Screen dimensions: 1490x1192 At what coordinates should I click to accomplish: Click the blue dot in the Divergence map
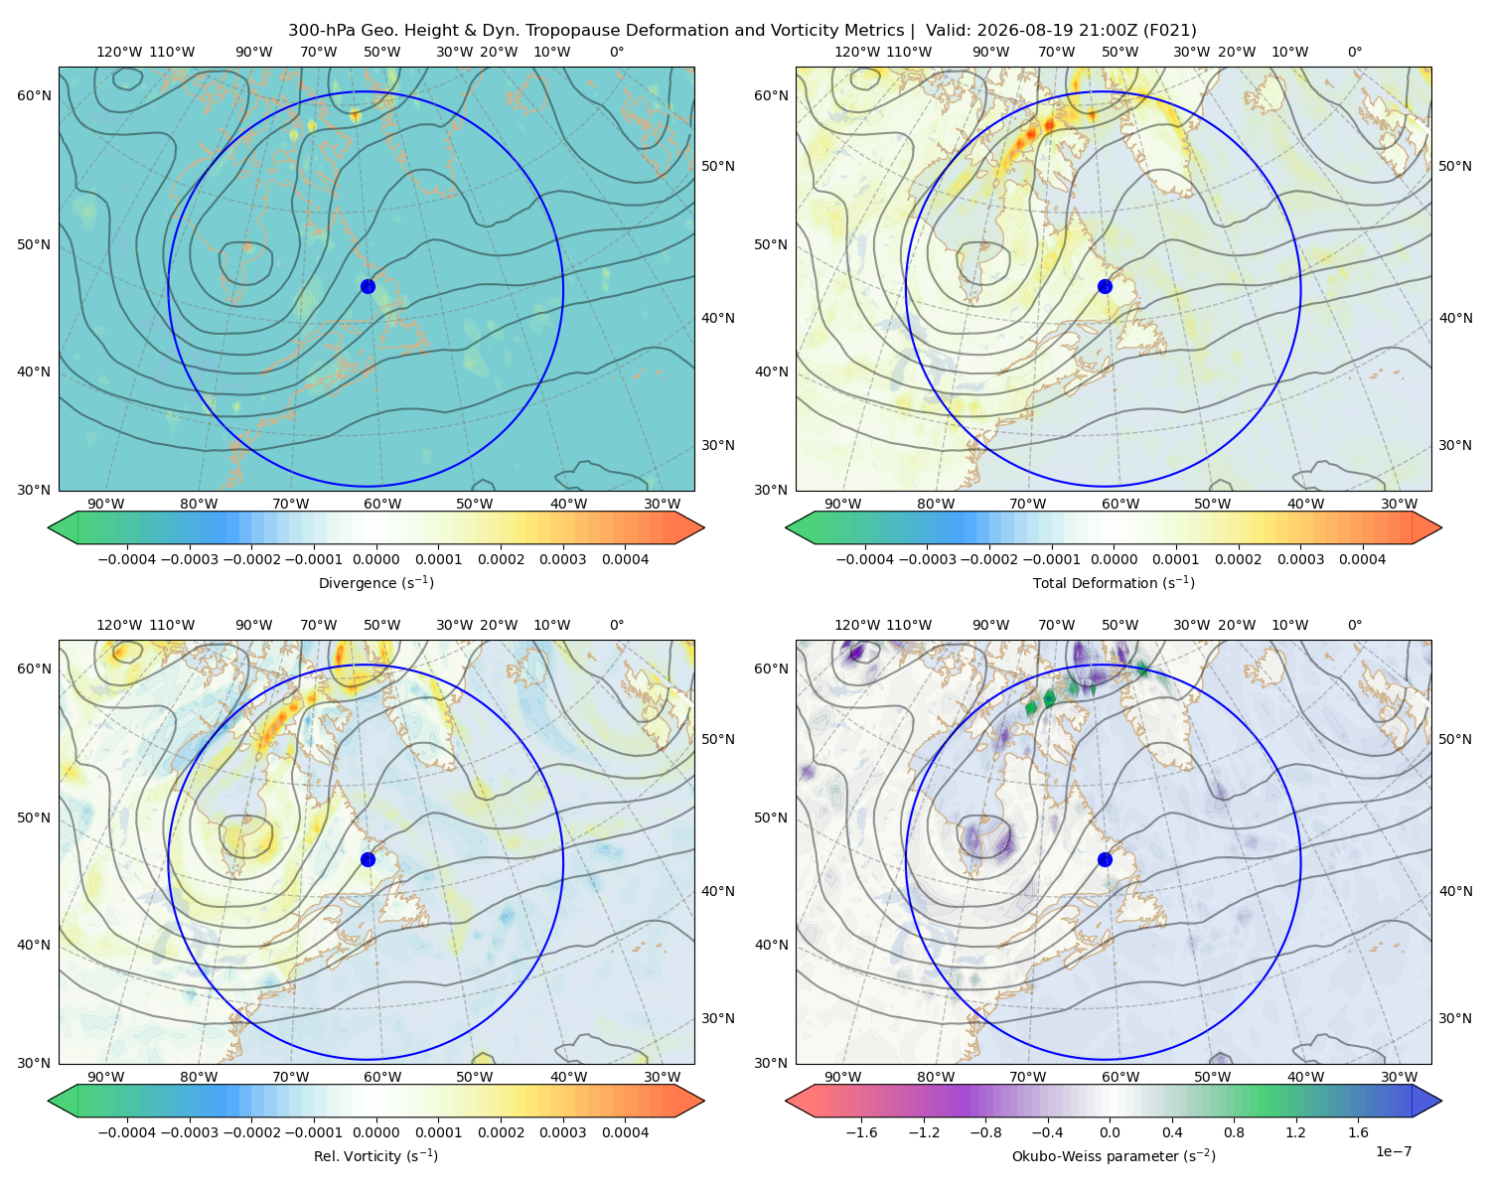click(368, 286)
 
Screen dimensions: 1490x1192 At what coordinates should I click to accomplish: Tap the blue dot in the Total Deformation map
click(1105, 286)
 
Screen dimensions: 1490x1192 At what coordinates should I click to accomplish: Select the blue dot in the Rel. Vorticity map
click(368, 859)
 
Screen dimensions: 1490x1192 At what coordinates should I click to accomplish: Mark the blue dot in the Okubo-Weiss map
click(1105, 859)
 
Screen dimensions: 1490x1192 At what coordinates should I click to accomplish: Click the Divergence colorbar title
click(375, 582)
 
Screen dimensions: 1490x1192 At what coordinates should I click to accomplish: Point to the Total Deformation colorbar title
click(1114, 582)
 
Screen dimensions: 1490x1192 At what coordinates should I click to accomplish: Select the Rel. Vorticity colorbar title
click(375, 1155)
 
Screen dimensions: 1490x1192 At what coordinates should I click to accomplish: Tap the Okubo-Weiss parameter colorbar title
click(1114, 1155)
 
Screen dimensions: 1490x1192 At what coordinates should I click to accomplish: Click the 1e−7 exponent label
click(1393, 1151)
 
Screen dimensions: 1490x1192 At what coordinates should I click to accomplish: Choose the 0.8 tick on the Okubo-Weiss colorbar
click(1234, 1131)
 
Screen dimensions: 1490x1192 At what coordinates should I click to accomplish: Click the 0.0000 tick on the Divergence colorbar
click(375, 559)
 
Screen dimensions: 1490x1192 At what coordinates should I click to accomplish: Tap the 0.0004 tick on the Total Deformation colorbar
click(1362, 559)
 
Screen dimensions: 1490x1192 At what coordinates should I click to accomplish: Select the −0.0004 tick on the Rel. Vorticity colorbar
click(127, 1131)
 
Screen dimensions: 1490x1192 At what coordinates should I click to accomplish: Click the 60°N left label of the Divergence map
click(34, 95)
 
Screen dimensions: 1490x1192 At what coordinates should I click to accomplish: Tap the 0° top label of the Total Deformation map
click(1354, 52)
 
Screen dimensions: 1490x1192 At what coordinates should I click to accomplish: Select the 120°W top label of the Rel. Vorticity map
click(119, 625)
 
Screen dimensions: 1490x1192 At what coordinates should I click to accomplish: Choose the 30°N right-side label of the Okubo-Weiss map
click(1455, 1018)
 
